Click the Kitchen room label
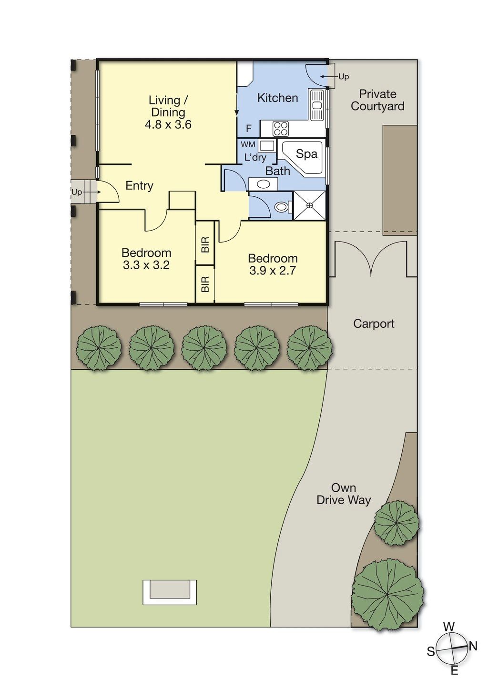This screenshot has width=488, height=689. [277, 98]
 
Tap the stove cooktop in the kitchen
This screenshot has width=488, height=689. [281, 129]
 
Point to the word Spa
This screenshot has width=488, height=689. [306, 153]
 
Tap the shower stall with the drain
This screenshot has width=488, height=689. [310, 205]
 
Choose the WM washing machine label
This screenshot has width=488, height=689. [248, 144]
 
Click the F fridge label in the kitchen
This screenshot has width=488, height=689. [249, 129]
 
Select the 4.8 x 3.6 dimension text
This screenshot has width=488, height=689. [168, 124]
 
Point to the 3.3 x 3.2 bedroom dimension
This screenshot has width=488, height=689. [146, 265]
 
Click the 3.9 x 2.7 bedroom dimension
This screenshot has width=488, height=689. [273, 270]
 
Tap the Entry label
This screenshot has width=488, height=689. [139, 185]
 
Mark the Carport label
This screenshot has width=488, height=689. [374, 324]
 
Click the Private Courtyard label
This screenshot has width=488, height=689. [377, 100]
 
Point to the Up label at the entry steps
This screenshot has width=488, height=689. [77, 192]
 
